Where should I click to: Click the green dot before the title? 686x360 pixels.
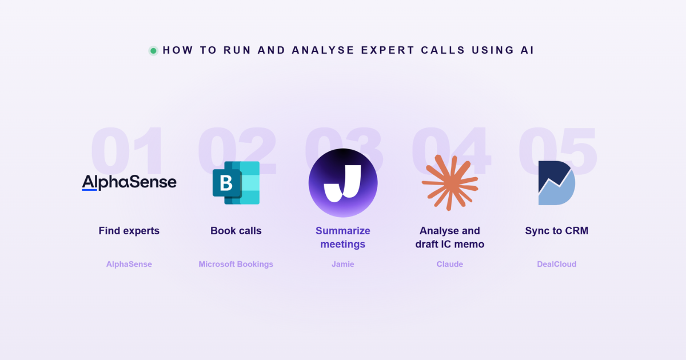(153, 50)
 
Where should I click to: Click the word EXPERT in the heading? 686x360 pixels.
(388, 50)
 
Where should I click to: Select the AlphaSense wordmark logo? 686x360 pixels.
(129, 182)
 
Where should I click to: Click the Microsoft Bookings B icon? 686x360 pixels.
(236, 183)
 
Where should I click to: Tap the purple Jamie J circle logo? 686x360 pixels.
(343, 183)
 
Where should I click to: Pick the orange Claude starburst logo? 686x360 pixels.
(450, 183)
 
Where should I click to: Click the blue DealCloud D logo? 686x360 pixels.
(557, 183)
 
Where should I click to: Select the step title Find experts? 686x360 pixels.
(129, 231)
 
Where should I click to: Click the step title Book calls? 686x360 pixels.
(236, 231)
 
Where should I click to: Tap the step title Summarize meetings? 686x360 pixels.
(343, 238)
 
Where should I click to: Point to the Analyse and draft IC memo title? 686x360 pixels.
(450, 238)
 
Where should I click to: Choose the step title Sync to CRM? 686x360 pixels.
(557, 231)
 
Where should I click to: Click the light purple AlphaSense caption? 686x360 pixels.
(129, 264)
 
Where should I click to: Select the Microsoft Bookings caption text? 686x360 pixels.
(236, 264)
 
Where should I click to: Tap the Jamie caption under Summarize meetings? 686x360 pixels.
(342, 264)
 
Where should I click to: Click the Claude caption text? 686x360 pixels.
(449, 264)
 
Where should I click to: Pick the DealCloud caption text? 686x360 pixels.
(556, 264)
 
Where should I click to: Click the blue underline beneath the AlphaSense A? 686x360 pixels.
(89, 190)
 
